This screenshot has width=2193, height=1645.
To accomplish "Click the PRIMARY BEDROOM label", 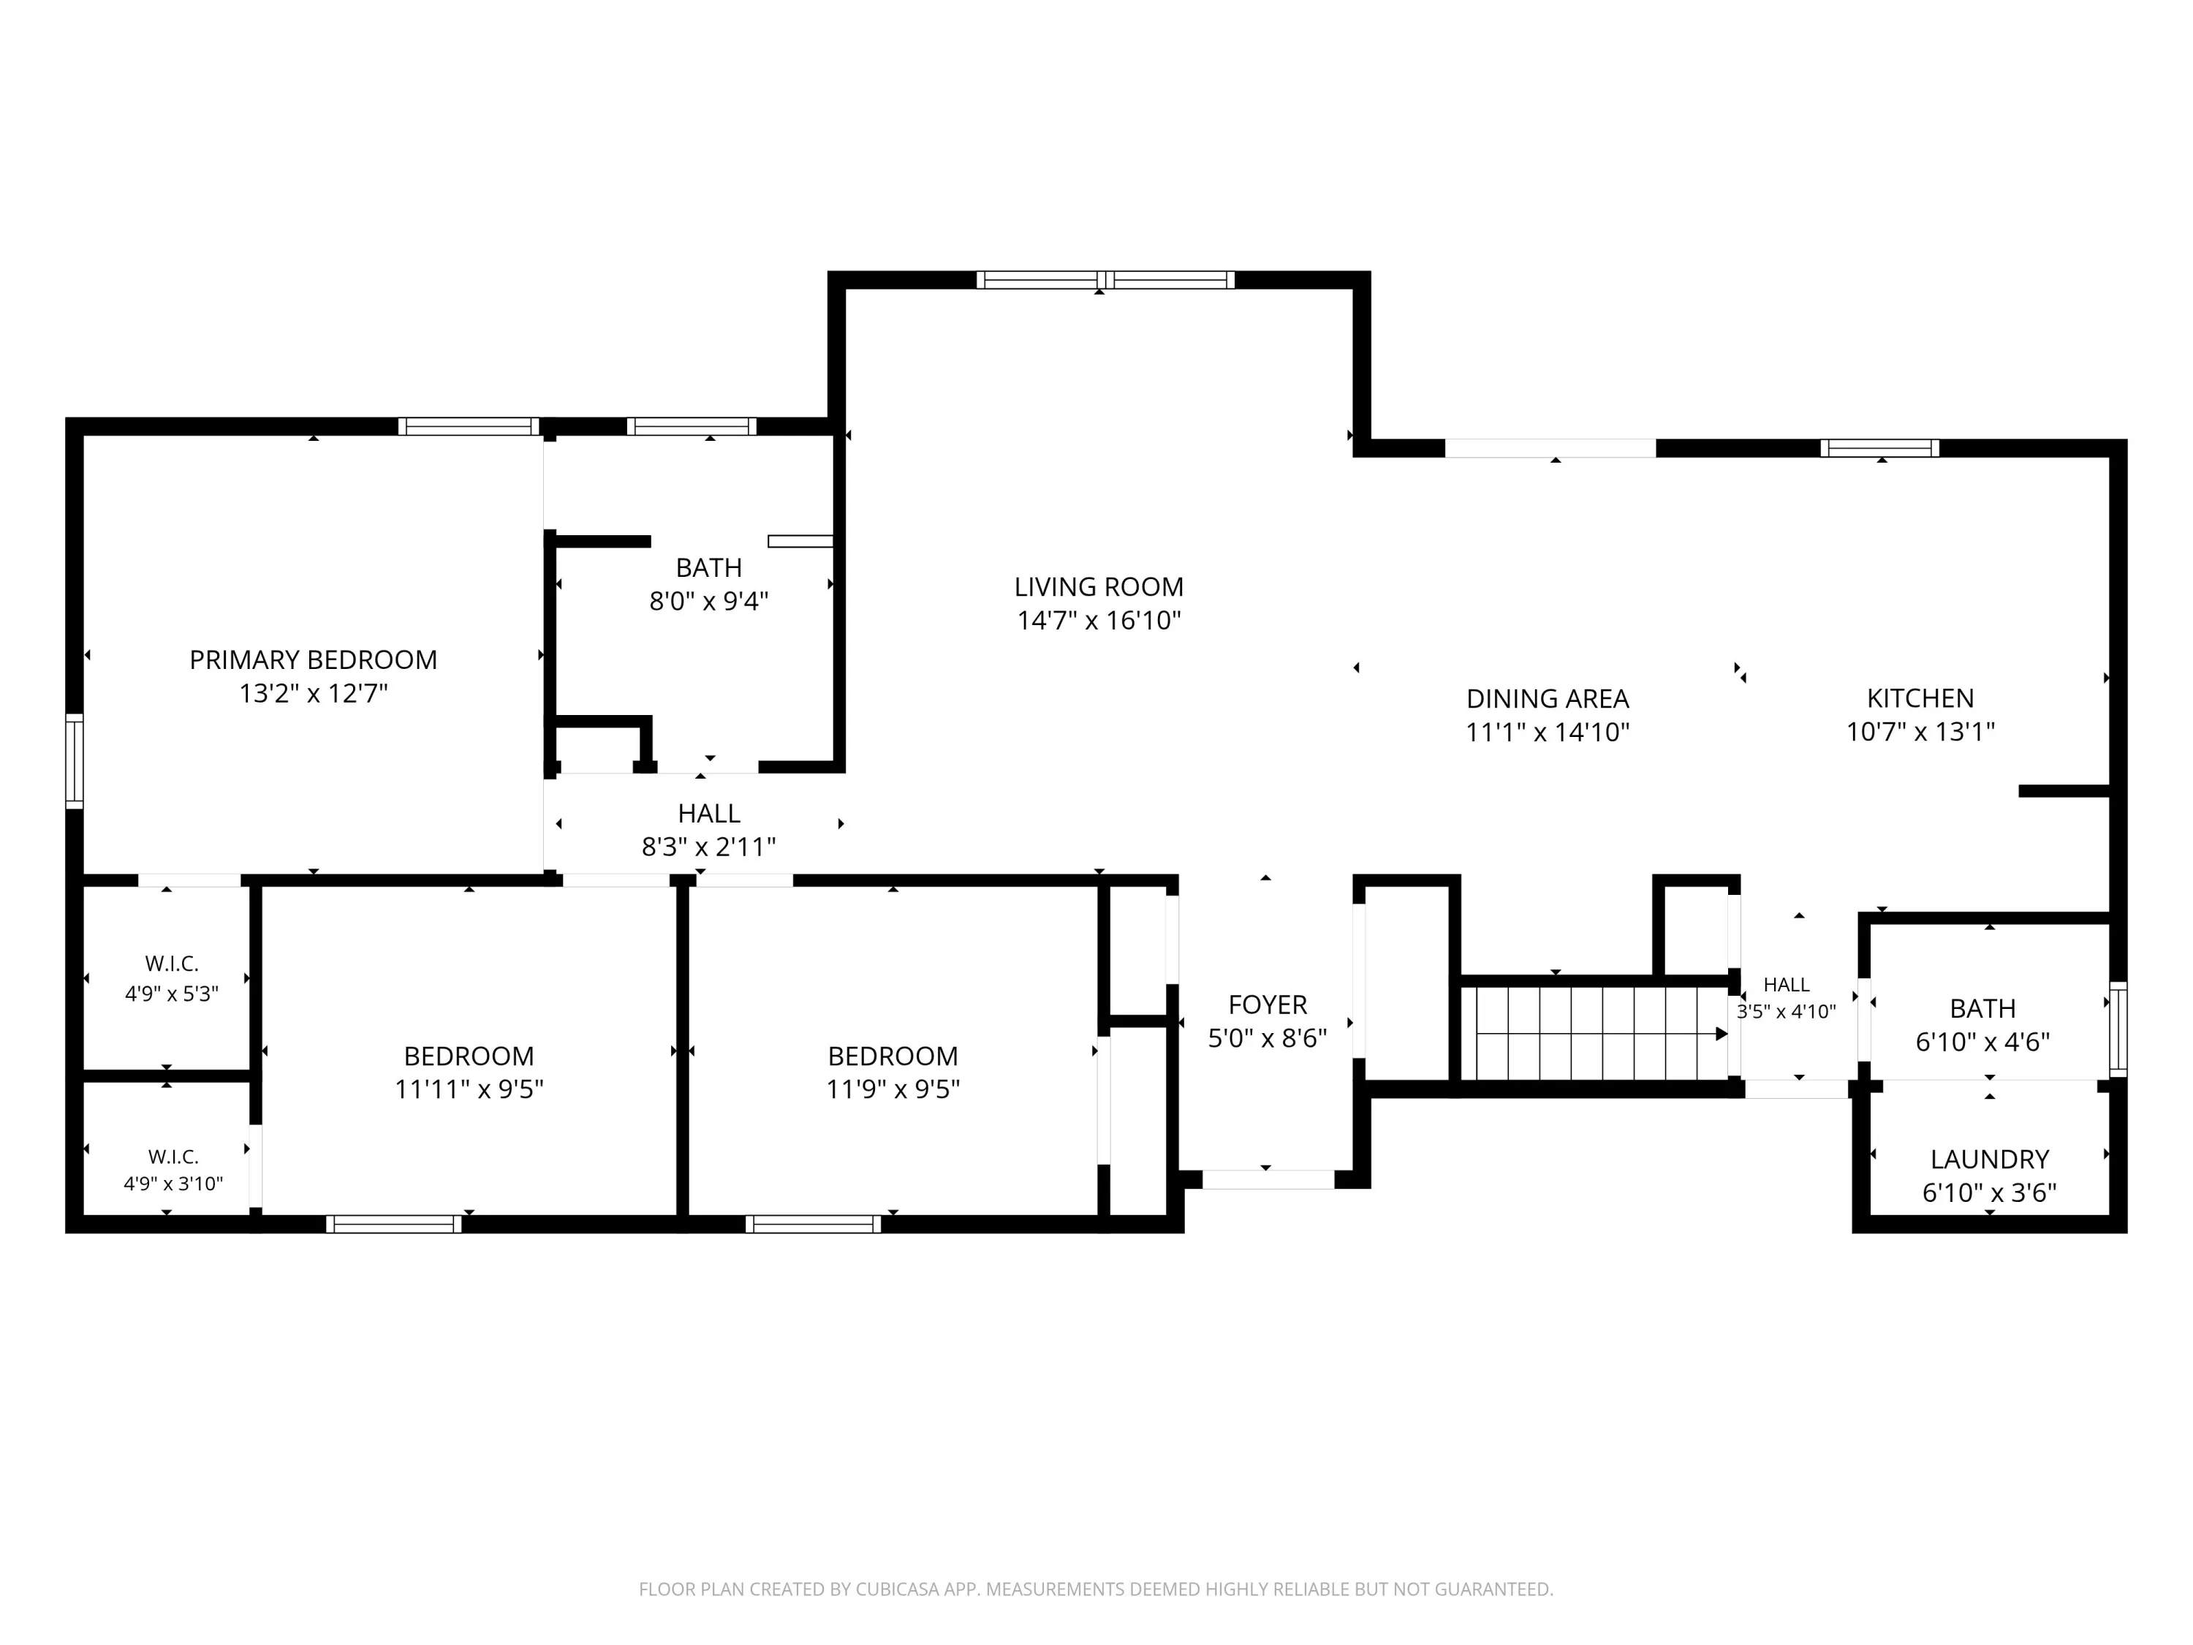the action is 314,660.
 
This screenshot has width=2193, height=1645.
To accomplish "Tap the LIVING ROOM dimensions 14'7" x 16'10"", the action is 1099,621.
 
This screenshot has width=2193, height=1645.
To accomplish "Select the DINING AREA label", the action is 1548,699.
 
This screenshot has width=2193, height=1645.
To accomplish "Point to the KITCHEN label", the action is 1920,698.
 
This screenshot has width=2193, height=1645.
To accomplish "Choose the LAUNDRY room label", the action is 1990,1159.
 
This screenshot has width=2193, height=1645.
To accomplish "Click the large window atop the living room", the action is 1105,279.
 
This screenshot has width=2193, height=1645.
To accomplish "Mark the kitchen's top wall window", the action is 1879,448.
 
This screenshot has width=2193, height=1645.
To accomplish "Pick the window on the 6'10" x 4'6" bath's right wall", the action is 2118,1029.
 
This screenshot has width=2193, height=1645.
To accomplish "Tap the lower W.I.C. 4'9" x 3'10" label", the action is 173,1170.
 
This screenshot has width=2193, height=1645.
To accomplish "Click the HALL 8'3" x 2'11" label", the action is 709,830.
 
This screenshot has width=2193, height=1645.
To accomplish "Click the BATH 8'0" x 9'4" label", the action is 709,584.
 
